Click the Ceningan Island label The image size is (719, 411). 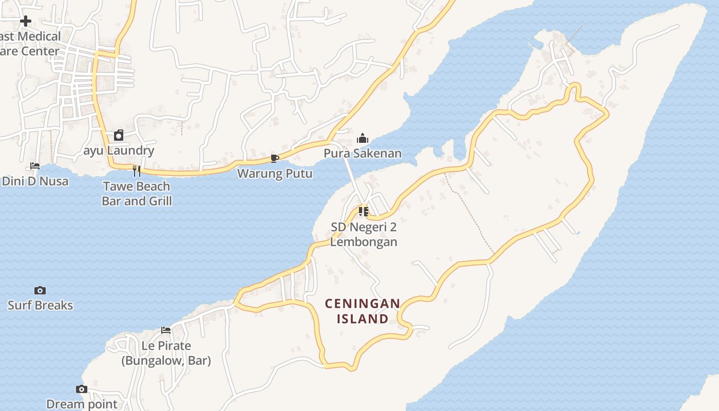coord(363,311)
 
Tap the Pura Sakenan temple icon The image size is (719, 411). coord(363,138)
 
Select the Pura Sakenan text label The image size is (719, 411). coord(363,154)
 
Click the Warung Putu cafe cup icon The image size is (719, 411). coord(274,158)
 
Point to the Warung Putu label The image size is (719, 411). coord(274,174)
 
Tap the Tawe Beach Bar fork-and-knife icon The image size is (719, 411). coord(137,171)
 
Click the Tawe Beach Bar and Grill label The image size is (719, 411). coord(137,194)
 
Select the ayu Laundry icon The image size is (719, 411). coord(119,135)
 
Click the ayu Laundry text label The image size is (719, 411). coord(119,151)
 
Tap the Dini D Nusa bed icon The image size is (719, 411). coord(35,165)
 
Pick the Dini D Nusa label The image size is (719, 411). coord(35,181)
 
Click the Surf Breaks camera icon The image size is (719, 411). coord(40,290)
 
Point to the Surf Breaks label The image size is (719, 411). coord(40,305)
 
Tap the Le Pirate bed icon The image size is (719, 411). coord(166,330)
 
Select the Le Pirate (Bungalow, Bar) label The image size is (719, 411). coord(166,353)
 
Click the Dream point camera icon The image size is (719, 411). coord(82,389)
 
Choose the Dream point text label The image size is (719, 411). coord(82,404)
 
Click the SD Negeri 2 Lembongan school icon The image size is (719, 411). coord(364,211)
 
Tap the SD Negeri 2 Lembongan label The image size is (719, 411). coord(364,234)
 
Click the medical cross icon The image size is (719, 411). coord(26,21)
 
